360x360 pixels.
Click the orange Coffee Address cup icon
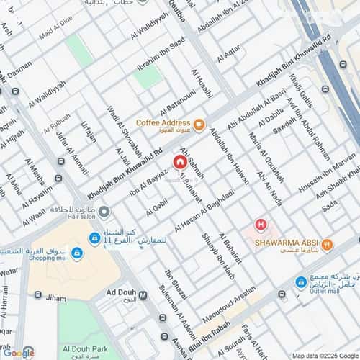pyautogui.click(x=199, y=123)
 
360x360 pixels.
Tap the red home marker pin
pyautogui.click(x=179, y=163)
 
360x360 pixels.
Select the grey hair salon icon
pyautogui.click(x=104, y=212)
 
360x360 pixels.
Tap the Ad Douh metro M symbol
pyautogui.click(x=143, y=294)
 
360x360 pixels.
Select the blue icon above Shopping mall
pyautogui.click(x=76, y=253)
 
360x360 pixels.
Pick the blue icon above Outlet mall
pyautogui.click(x=301, y=283)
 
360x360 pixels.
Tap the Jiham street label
pyautogui.click(x=55, y=297)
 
